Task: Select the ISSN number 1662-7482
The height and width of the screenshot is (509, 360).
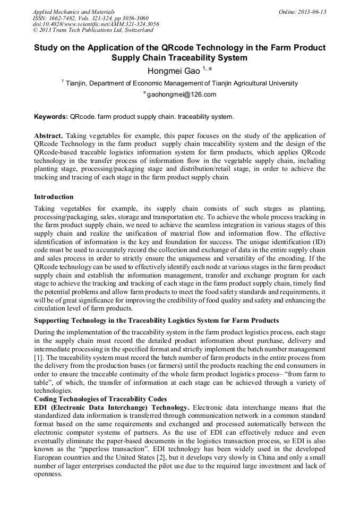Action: click(x=68, y=18)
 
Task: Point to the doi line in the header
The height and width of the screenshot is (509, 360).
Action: click(x=96, y=24)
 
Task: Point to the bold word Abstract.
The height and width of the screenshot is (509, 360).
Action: click(x=49, y=135)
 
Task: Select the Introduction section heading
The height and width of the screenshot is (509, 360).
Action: click(x=54, y=197)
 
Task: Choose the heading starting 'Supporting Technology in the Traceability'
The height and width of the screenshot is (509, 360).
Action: click(x=156, y=320)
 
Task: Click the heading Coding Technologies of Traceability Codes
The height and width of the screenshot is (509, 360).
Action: click(x=100, y=399)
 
